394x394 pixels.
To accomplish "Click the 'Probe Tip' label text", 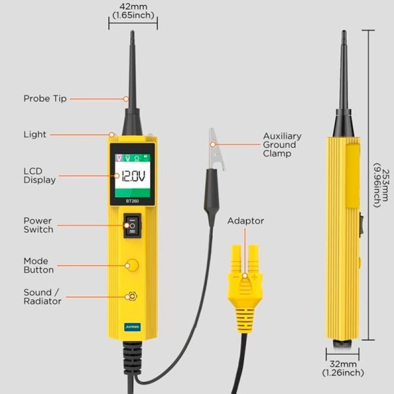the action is [x=45, y=98].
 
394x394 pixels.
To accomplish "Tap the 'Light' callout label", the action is [x=35, y=134].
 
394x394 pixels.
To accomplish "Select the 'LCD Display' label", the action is [x=40, y=175].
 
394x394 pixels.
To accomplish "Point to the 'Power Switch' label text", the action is [x=38, y=225].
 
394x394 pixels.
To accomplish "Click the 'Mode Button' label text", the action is [x=39, y=265].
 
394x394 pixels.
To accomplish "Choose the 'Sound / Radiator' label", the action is [x=42, y=297].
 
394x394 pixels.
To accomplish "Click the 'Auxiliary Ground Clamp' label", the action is [x=282, y=145].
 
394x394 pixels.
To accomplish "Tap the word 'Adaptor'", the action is [x=246, y=221].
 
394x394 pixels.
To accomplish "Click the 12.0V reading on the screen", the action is [x=133, y=176].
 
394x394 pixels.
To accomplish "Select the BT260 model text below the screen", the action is [x=132, y=201].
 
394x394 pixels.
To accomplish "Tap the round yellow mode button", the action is [x=132, y=265].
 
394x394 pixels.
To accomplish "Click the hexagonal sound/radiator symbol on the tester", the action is [x=132, y=296].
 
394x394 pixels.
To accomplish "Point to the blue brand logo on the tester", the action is [x=132, y=327].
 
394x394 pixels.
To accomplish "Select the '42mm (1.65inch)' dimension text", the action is [x=133, y=11].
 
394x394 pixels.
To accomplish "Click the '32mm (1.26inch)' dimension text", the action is [x=343, y=368].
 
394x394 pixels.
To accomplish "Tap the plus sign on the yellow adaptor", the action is [x=255, y=277].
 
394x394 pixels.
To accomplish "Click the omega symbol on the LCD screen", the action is [x=137, y=158].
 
